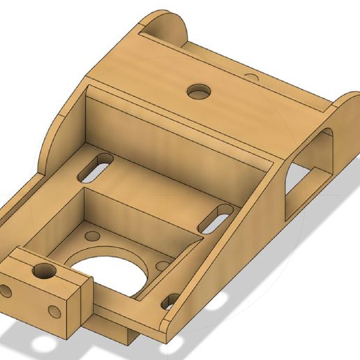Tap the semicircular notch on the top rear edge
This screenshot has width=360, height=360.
coord(252,77)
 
